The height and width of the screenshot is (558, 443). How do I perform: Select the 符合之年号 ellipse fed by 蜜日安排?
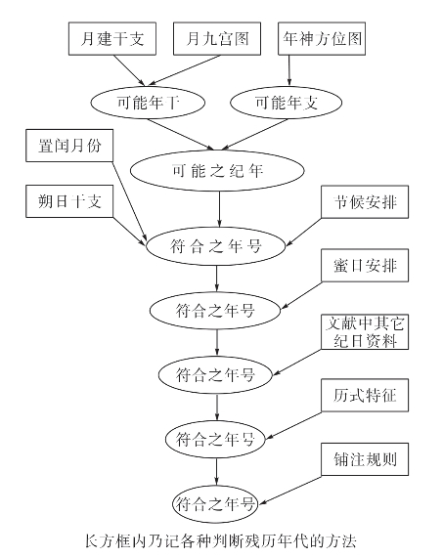pos(216,311)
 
